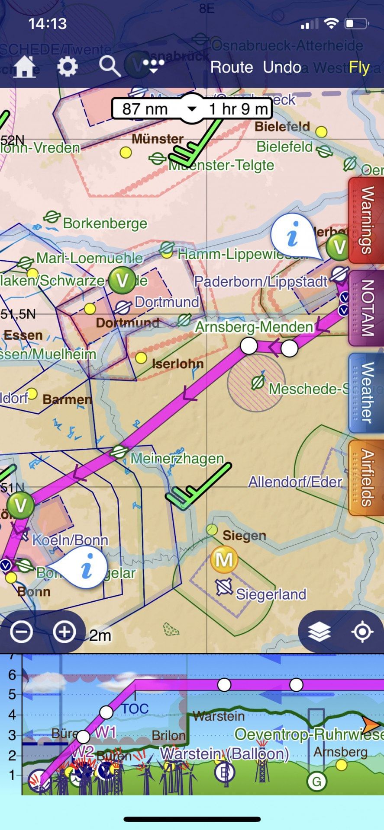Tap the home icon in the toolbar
click(x=25, y=67)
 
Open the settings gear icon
click(x=68, y=67)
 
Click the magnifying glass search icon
click(x=110, y=67)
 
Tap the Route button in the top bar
click(x=232, y=67)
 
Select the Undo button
click(x=282, y=67)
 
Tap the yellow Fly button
click(x=359, y=67)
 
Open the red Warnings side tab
click(x=366, y=220)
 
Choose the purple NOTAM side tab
click(x=366, y=308)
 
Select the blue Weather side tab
click(x=366, y=393)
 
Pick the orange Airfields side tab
click(x=366, y=478)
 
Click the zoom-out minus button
click(x=21, y=632)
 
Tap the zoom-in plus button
click(x=64, y=632)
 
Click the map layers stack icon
click(x=319, y=632)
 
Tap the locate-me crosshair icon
click(x=362, y=632)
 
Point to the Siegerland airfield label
click(x=271, y=594)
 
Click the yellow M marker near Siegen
click(x=224, y=560)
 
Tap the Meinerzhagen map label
click(x=177, y=459)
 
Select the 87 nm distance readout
click(x=145, y=109)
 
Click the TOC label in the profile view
click(x=135, y=709)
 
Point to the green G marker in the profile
click(x=316, y=782)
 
